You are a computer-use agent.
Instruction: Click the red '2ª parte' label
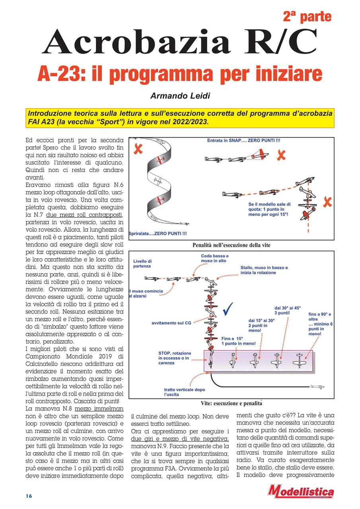[307, 17]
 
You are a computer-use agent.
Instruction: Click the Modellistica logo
[301, 492]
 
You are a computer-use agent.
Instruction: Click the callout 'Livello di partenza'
[142, 263]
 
